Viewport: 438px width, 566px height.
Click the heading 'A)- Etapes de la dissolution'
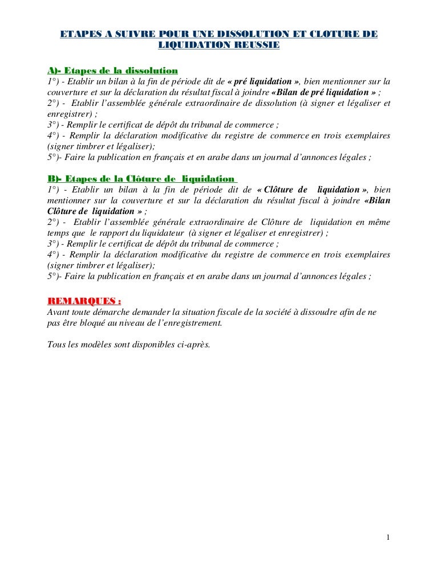coord(112,71)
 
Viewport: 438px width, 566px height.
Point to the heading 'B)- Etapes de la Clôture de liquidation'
coord(140,179)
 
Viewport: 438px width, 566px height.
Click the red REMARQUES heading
coord(83,301)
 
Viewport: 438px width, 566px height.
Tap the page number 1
coord(387,538)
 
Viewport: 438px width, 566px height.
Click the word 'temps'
coord(58,233)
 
